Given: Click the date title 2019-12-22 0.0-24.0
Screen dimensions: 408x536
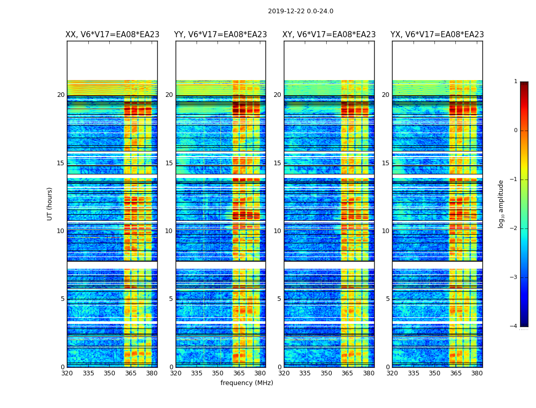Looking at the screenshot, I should [300, 11].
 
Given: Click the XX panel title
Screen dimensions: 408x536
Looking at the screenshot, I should [112, 35].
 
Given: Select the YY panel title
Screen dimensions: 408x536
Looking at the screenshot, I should [221, 35].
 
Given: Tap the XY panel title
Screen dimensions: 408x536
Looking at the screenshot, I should [329, 35].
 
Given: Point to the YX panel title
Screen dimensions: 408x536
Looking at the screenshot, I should [437, 35].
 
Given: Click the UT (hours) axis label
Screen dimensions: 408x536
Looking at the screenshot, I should [50, 203].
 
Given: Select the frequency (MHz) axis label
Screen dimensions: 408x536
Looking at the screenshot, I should [247, 383].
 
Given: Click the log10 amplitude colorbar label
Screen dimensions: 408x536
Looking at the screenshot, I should [501, 203].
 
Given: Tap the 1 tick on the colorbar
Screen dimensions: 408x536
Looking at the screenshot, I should [516, 82].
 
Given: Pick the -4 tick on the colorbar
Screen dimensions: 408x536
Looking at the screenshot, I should [515, 326].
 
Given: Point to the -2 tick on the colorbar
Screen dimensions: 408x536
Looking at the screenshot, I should [515, 228].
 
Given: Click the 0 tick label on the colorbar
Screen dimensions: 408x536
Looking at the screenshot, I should [516, 131].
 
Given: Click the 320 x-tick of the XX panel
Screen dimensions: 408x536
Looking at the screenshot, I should [67, 373].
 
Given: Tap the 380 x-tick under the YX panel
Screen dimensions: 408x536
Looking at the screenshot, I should [477, 373].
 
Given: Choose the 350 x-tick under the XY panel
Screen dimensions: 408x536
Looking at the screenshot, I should [326, 373].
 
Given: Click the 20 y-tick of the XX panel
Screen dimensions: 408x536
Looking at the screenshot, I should [61, 95].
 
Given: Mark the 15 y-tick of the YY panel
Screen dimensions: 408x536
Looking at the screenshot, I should [169, 163].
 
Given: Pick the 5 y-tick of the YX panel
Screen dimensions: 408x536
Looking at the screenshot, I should [387, 299].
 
